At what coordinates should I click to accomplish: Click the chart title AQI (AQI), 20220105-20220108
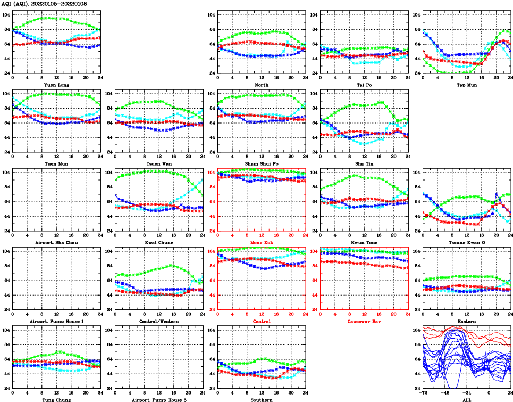click(44, 4)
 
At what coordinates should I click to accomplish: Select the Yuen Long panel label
click(56, 85)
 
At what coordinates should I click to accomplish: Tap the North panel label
click(262, 85)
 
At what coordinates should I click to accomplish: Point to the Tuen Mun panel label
click(56, 163)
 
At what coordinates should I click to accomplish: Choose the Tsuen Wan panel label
click(159, 163)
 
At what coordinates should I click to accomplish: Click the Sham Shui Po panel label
click(262, 163)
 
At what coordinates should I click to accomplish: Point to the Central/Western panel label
click(159, 321)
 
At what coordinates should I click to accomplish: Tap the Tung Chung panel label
click(56, 399)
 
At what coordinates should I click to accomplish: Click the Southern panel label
click(262, 399)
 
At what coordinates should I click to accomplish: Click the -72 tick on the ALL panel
click(423, 393)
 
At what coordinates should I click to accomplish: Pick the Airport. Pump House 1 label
click(56, 321)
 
